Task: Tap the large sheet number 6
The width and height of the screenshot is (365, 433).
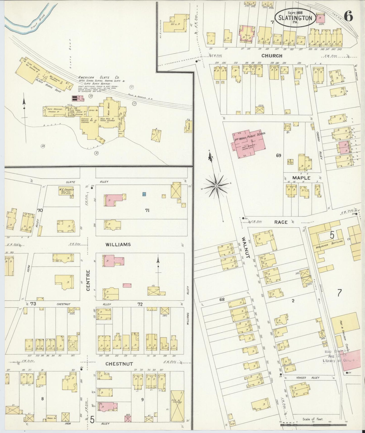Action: [x=348, y=17]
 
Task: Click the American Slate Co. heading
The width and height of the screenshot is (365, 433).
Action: [x=99, y=78]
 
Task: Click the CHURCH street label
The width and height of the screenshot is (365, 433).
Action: [x=272, y=56]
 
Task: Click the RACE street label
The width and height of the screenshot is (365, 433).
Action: [x=281, y=222]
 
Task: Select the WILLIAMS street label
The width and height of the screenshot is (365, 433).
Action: [x=118, y=244]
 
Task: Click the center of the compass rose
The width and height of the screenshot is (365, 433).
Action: [x=216, y=186]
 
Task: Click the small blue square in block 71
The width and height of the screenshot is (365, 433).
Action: [x=144, y=194]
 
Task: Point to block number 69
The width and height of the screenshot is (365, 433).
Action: [x=278, y=156]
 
